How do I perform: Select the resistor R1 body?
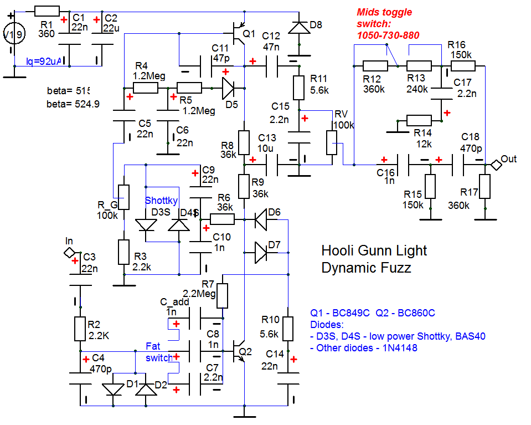coord(47,11)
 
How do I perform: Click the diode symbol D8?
coord(299,26)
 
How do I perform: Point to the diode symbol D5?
coord(228,88)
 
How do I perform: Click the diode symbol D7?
coord(261,253)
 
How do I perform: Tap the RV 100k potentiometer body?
coord(332,142)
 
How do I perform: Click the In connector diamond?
coord(69,253)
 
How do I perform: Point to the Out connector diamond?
coord(495,165)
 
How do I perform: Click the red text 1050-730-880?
coord(388,35)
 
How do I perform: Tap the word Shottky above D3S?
coord(161,201)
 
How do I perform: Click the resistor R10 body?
coord(288,329)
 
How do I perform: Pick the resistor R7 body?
coord(223,296)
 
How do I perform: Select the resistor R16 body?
coord(462,66)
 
